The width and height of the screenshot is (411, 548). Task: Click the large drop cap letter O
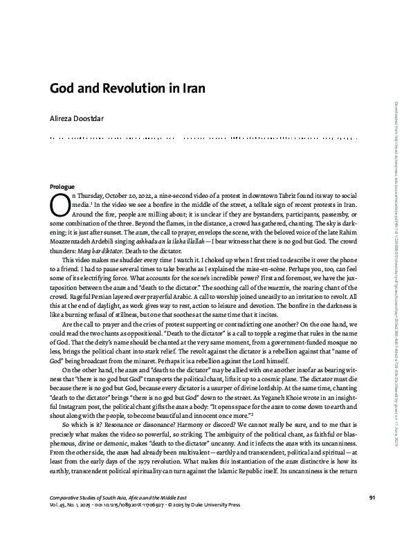[x=60, y=204]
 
